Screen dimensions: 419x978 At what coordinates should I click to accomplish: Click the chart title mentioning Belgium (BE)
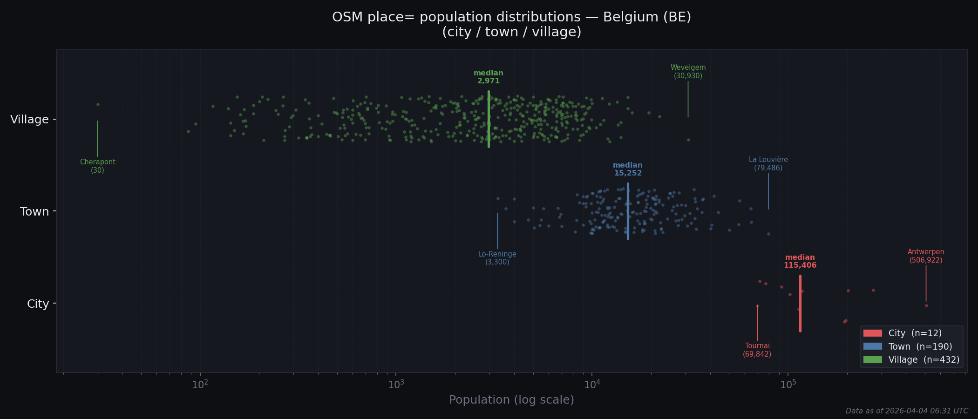point(511,24)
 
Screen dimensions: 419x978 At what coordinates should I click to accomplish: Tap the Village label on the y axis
point(29,120)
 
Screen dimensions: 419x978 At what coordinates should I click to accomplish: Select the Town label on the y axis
point(34,212)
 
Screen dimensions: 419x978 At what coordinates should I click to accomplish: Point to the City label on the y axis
point(38,304)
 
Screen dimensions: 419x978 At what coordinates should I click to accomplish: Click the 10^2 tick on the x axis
point(200,385)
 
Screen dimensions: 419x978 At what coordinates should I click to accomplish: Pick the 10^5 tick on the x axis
point(788,385)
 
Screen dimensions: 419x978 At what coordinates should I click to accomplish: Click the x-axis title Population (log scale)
point(511,400)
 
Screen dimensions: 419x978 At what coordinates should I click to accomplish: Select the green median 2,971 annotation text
point(488,77)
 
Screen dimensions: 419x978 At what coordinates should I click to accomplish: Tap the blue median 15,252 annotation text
point(628,169)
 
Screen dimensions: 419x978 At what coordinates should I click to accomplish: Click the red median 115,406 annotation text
point(800,261)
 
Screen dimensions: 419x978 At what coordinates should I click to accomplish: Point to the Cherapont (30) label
point(97,166)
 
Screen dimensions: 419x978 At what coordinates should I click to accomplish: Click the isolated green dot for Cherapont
point(98,104)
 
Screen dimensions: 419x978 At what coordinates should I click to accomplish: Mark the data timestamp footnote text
point(906,411)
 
